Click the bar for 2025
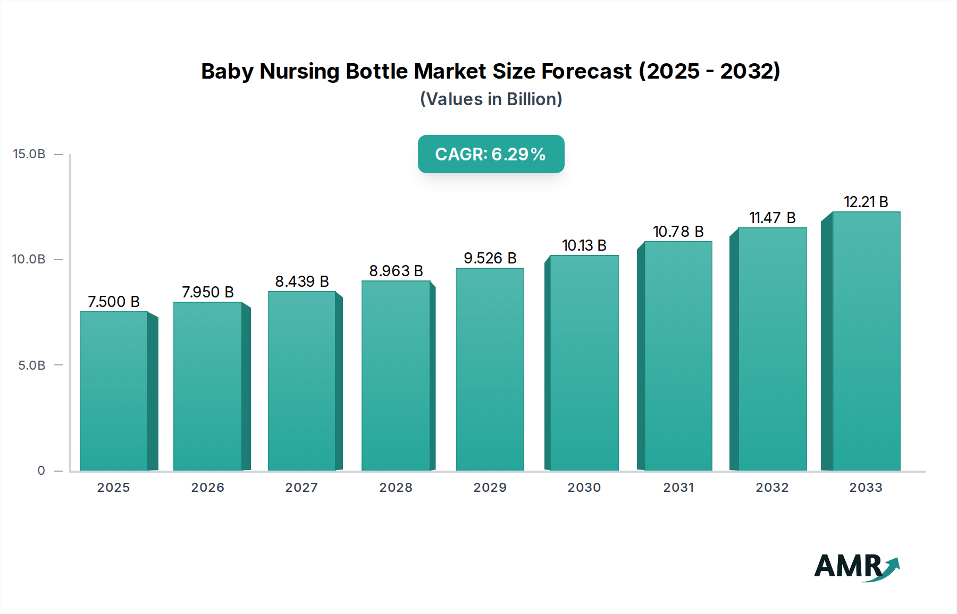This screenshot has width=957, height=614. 113,391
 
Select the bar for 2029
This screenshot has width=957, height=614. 490,369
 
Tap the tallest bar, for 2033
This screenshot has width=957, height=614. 866,341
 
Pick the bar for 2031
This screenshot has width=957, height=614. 678,356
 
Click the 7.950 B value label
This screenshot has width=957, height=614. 208,292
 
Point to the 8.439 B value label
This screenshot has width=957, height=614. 301,282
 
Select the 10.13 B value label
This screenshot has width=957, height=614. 584,245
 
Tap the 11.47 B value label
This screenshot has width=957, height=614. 772,218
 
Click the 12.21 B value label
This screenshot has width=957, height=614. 866,202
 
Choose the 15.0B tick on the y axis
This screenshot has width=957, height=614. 29,154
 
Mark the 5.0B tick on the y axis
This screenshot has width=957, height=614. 31,365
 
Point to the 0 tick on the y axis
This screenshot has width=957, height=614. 41,471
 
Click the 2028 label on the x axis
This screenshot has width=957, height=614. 396,488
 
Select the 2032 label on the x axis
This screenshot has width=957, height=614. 772,488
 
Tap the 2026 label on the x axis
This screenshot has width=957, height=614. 207,488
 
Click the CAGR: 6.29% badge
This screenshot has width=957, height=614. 491,154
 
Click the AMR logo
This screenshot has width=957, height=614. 856,567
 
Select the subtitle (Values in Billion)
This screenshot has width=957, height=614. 491,99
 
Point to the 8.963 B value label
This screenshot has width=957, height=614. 396,271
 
